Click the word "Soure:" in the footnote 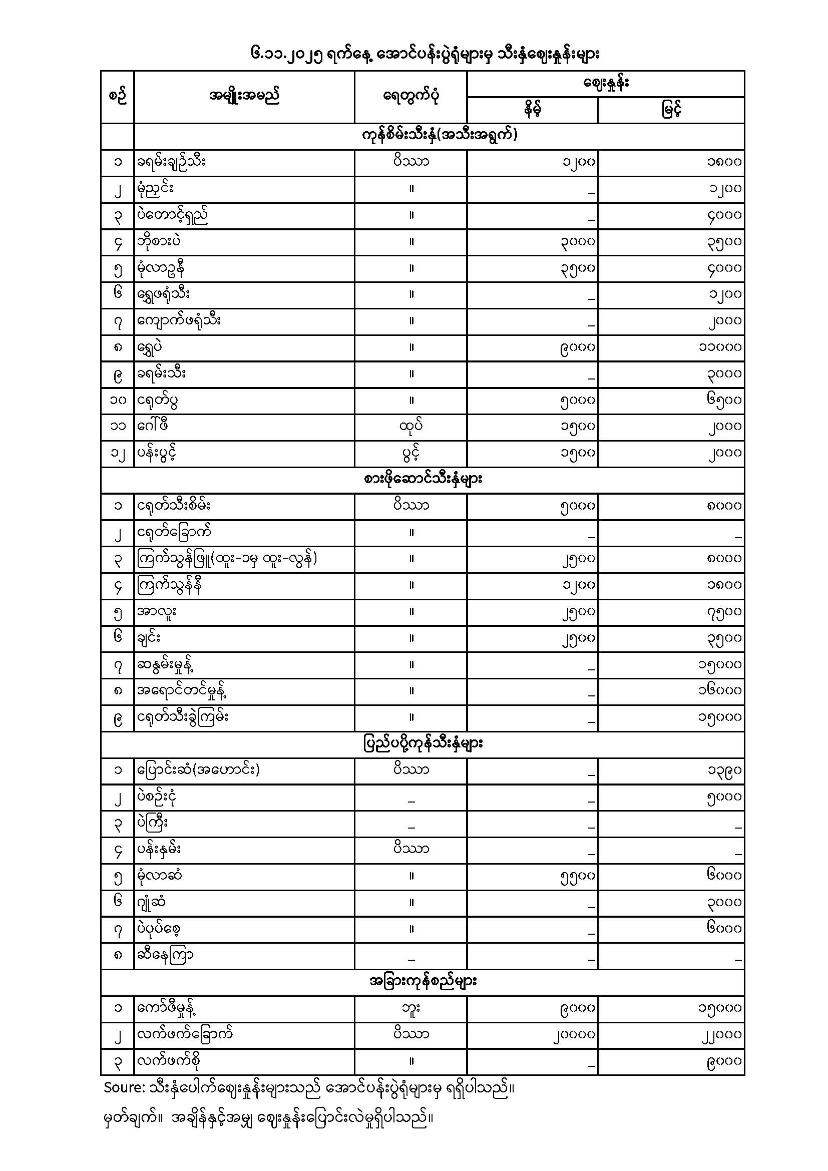(125, 1088)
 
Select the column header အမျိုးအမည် (244, 96)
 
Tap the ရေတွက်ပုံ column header (411, 96)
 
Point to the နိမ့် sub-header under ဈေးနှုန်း (532, 110)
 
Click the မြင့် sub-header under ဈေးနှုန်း (671, 110)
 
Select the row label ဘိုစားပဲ (159, 241)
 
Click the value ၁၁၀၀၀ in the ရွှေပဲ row (719, 347)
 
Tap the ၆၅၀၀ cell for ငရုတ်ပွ (723, 400)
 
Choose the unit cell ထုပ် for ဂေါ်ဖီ (411, 427)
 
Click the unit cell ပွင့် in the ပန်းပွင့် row (411, 453)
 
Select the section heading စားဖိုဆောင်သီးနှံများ (423, 480)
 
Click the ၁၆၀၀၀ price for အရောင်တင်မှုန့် (719, 690)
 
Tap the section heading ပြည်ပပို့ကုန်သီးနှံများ (423, 743)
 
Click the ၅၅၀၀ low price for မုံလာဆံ (577, 876)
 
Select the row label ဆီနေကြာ (165, 955)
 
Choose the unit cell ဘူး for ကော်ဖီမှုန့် (411, 1008)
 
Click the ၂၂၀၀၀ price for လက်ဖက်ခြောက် (719, 1035)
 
